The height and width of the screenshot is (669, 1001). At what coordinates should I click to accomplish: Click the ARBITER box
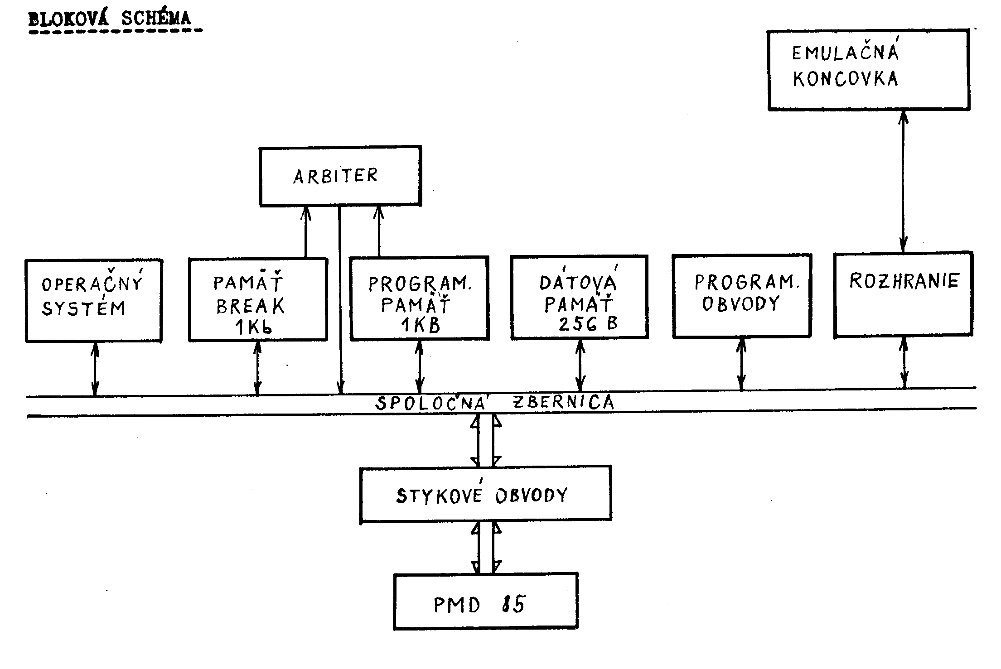click(340, 176)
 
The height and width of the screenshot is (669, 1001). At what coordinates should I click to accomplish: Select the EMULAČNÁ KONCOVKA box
click(868, 70)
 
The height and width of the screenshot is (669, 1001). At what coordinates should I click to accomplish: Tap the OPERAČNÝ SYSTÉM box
click(93, 300)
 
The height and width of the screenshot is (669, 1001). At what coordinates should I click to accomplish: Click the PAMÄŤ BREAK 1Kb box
click(257, 299)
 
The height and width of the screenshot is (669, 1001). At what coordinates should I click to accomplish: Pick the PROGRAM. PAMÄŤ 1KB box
click(419, 298)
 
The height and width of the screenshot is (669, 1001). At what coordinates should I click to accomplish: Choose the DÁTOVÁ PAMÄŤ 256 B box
click(579, 297)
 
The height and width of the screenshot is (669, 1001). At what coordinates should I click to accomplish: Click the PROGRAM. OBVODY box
click(741, 296)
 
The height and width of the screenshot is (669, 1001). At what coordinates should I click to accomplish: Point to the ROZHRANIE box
click(903, 294)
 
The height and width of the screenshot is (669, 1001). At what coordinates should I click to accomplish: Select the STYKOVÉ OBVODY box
click(485, 495)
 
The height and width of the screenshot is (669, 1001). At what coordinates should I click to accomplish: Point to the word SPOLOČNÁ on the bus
click(430, 403)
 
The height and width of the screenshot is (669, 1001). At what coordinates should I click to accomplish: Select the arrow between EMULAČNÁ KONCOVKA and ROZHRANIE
click(903, 181)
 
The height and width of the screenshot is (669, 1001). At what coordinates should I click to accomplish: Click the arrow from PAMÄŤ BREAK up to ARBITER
click(306, 232)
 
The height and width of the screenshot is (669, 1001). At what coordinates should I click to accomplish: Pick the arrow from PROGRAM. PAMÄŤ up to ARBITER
click(379, 232)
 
